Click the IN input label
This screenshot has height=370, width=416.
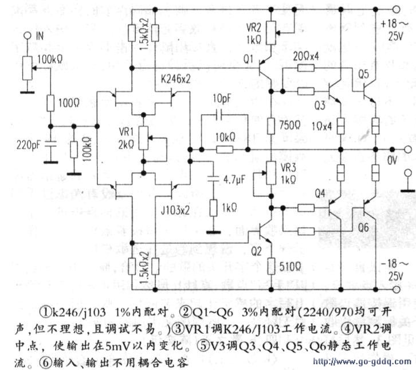pyautogui.click(x=40, y=36)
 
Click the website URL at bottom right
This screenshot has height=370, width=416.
pyautogui.click(x=361, y=363)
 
